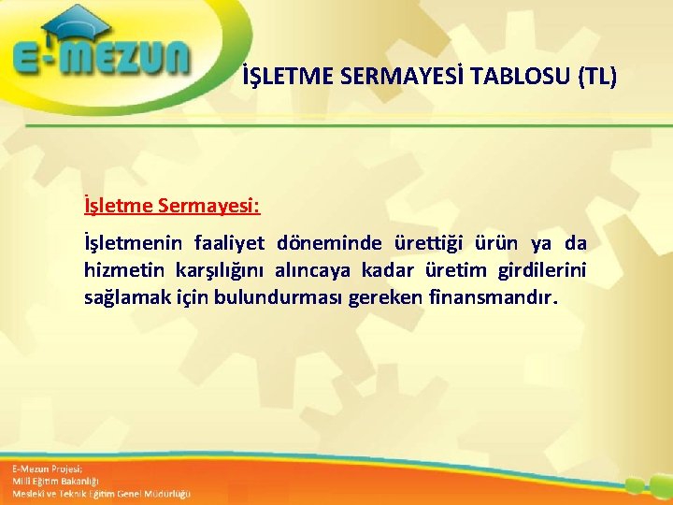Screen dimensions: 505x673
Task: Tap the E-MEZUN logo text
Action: point(101,59)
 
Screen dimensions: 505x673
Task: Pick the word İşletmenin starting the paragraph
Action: point(132,244)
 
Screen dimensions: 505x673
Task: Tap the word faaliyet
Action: point(230,244)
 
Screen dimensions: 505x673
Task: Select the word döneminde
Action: point(328,244)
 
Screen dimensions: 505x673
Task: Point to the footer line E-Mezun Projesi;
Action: point(48,468)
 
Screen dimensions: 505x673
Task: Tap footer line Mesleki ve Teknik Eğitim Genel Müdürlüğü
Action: point(101,493)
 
